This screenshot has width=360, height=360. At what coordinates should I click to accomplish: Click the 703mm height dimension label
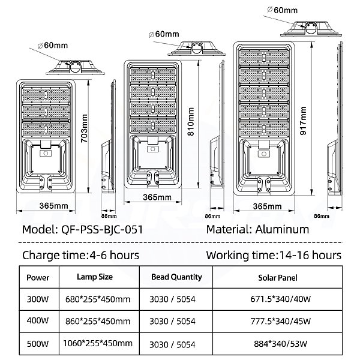point(84,128)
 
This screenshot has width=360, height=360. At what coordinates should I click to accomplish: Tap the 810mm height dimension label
point(191,122)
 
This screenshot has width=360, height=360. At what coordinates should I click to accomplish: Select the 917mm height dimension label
point(303,121)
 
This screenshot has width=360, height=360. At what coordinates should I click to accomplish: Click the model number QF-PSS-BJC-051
point(102,229)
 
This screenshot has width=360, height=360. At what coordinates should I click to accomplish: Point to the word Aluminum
point(282,229)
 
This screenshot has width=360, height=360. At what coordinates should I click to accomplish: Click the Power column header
point(38,278)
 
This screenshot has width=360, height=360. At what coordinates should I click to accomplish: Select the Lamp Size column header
point(95,277)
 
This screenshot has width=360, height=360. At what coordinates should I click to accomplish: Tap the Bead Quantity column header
point(176,277)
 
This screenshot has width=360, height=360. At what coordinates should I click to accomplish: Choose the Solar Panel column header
point(278,278)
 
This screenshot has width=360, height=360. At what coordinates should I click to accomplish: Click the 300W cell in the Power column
point(38,299)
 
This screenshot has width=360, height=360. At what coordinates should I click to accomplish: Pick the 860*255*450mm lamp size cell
point(98,321)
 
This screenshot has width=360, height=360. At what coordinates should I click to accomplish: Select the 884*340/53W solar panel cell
point(281,344)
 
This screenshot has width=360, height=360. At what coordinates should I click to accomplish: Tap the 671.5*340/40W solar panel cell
point(281,299)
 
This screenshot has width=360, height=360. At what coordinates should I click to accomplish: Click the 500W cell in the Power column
point(38,344)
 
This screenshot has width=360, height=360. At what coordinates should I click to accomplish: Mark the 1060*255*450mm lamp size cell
point(98,343)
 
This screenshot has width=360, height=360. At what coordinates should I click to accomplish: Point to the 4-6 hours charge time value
point(113,255)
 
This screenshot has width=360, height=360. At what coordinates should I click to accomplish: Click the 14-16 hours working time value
point(310,255)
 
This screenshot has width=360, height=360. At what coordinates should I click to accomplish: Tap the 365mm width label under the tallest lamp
point(267,206)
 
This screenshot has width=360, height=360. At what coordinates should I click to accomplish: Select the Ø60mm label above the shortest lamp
point(53,45)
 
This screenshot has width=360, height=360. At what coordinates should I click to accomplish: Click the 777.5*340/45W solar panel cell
point(281,321)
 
